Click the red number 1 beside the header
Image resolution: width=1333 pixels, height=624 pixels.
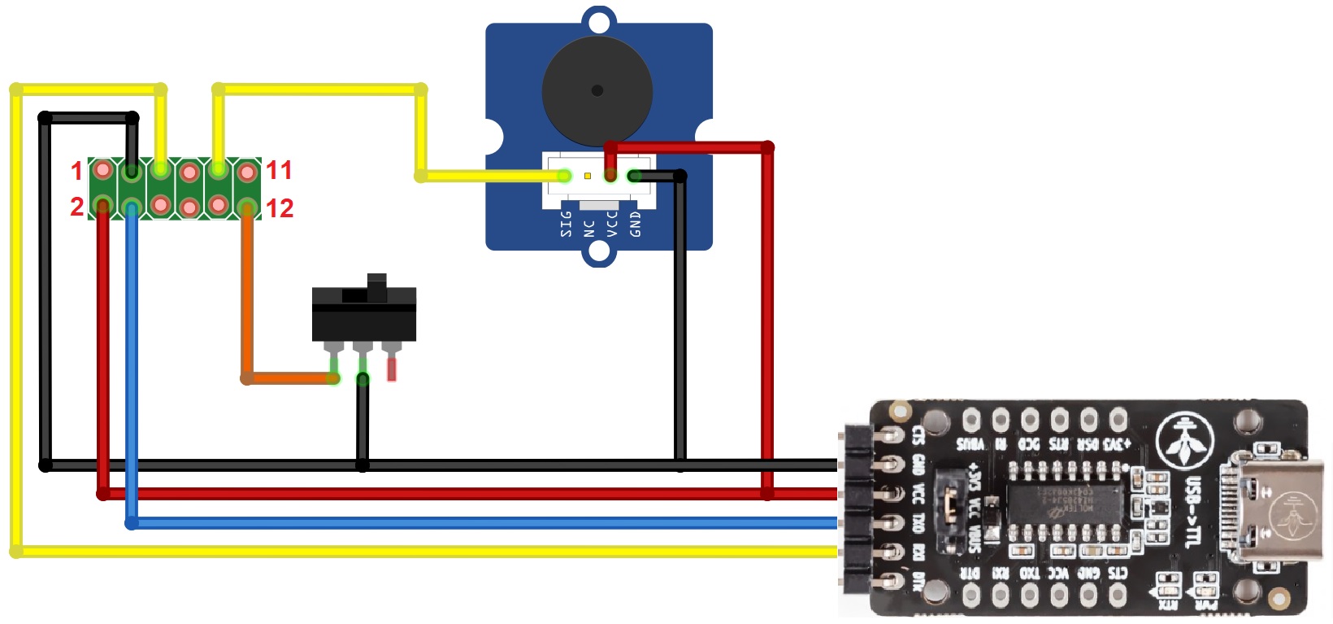click(76, 171)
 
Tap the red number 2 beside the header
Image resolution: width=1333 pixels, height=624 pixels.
click(76, 207)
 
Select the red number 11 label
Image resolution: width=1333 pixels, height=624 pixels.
click(279, 170)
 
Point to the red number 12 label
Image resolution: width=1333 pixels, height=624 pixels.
click(279, 208)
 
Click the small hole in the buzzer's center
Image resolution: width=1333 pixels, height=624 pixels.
click(597, 90)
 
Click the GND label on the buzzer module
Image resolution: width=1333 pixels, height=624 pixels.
click(636, 224)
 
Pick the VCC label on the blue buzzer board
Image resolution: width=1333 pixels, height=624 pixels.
click(612, 224)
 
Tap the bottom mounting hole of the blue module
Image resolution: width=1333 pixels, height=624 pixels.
click(599, 253)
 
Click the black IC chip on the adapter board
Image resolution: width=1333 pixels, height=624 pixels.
click(1065, 505)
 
